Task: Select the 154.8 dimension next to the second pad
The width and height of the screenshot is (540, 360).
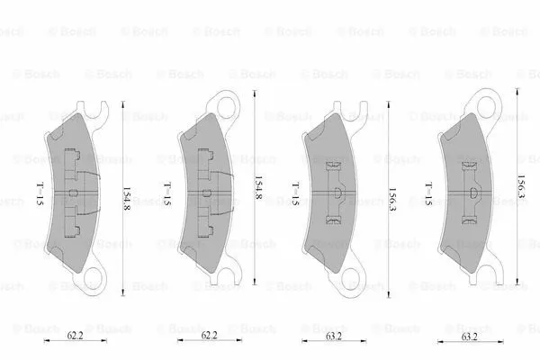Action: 258,192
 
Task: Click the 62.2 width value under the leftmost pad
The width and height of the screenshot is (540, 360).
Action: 76,335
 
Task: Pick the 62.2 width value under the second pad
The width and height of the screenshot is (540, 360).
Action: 208,335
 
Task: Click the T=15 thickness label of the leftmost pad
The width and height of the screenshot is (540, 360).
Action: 40,192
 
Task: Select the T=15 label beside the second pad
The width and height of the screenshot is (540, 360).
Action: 166,192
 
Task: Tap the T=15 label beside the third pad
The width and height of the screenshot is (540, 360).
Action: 294,192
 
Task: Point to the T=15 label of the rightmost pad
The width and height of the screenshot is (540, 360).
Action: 428,192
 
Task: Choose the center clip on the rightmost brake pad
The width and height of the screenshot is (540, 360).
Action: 471,193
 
